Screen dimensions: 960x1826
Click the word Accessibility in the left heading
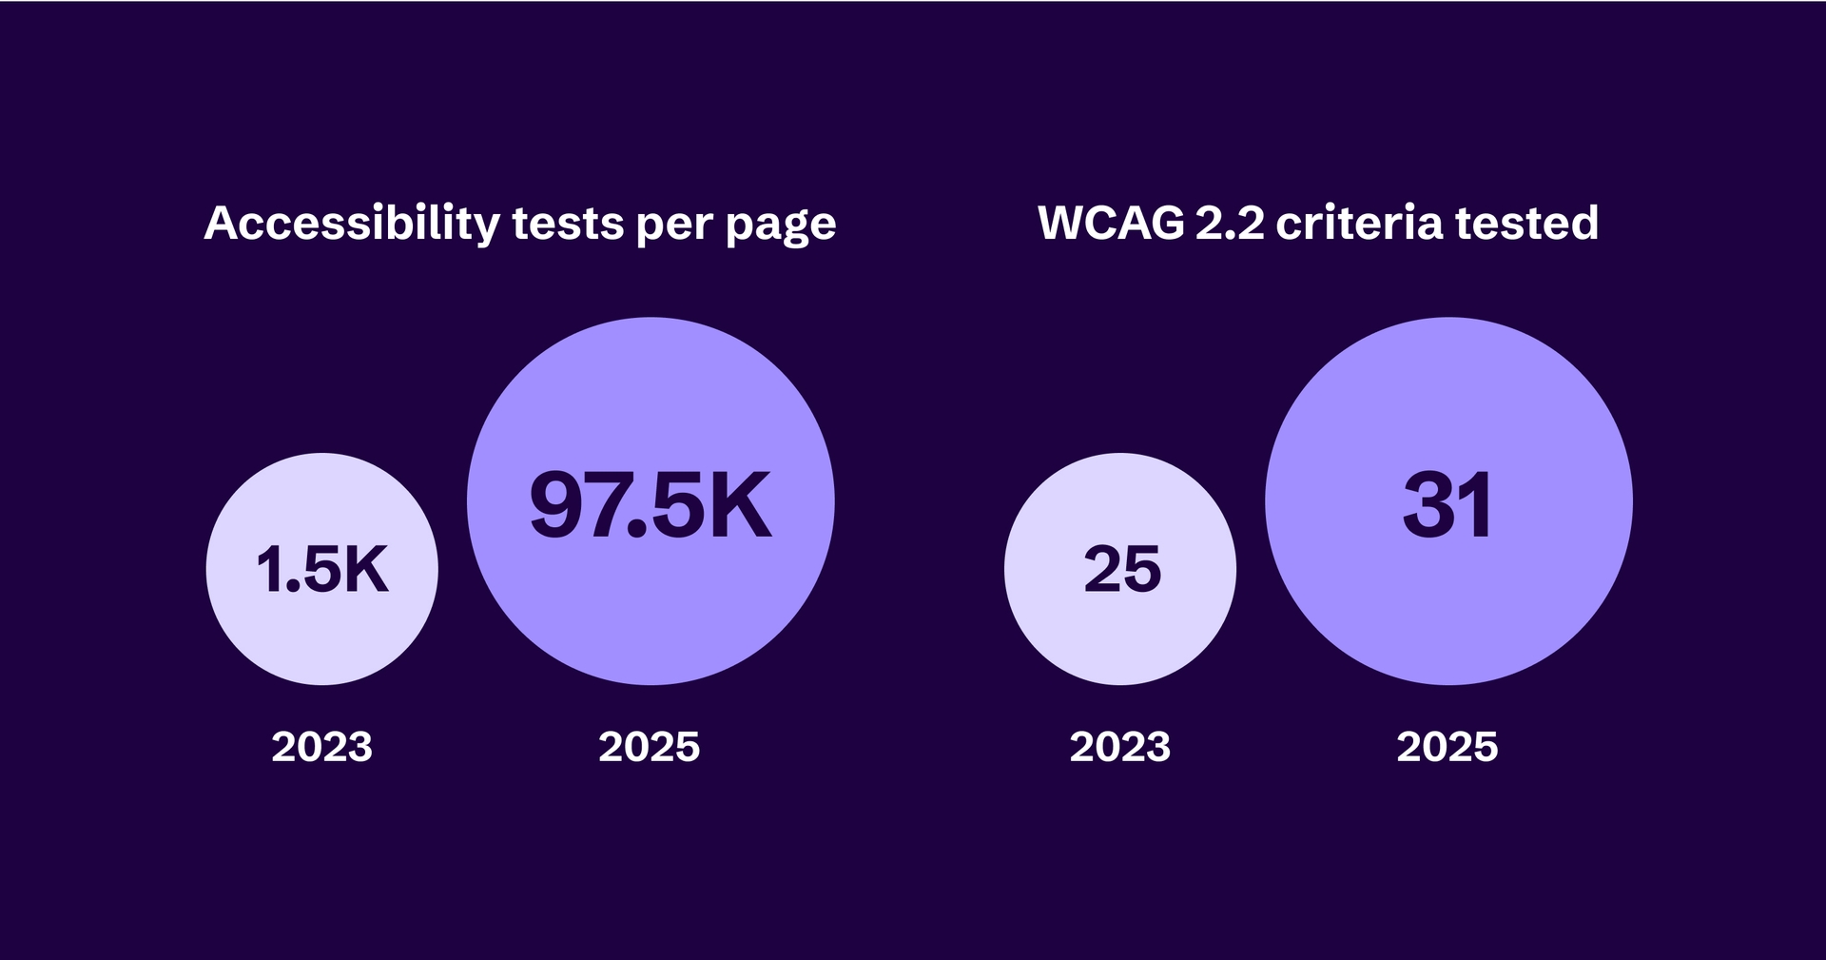pyautogui.click(x=352, y=225)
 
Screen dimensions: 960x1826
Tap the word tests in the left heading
pyautogui.click(x=567, y=225)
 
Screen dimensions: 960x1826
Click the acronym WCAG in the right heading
pyautogui.click(x=1111, y=223)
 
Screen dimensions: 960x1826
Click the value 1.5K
pyautogui.click(x=322, y=570)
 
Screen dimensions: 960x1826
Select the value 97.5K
pyautogui.click(x=651, y=505)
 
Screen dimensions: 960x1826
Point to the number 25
pyautogui.click(x=1122, y=570)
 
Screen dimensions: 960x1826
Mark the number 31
pyautogui.click(x=1447, y=505)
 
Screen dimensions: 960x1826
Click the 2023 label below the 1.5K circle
pyautogui.click(x=322, y=747)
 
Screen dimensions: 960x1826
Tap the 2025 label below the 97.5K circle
pyautogui.click(x=650, y=747)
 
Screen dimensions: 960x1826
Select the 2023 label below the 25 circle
pyautogui.click(x=1120, y=747)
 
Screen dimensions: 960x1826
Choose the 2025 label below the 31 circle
pyautogui.click(x=1447, y=747)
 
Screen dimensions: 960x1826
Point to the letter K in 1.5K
pyautogui.click(x=365, y=570)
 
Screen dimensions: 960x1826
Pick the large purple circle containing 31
pyautogui.click(x=1448, y=609)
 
